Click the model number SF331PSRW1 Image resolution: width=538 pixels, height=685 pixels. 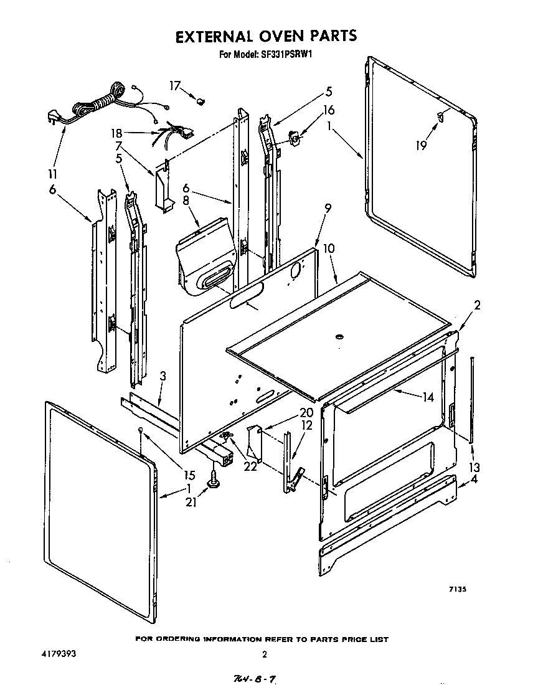tap(284, 54)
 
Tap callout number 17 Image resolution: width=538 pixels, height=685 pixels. tap(176, 85)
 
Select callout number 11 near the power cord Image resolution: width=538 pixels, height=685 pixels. tap(52, 173)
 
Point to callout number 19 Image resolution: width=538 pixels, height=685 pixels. tap(422, 145)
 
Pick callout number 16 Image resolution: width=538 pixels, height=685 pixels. tap(328, 110)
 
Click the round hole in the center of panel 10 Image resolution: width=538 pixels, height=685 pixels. tap(339, 337)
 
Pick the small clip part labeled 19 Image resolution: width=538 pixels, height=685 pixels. tap(440, 115)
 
